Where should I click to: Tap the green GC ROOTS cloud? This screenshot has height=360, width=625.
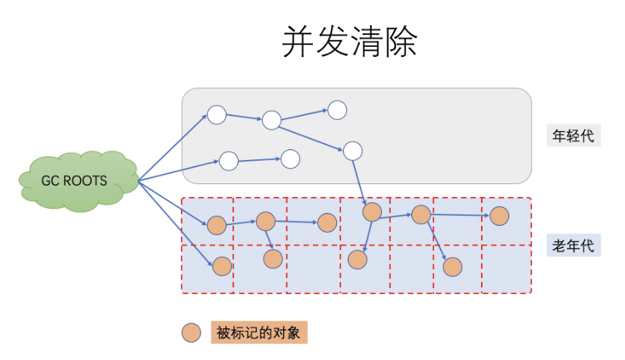tap(74, 180)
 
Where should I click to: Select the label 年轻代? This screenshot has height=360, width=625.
tap(573, 136)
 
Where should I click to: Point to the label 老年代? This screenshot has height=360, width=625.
tap(573, 246)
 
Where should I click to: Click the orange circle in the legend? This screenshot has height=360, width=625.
tap(191, 333)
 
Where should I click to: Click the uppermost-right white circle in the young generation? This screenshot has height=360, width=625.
tap(337, 110)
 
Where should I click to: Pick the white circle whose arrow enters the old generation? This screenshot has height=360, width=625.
tap(352, 151)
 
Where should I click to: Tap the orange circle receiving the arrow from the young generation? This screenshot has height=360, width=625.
tap(371, 212)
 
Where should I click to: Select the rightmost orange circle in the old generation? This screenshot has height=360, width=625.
tap(499, 216)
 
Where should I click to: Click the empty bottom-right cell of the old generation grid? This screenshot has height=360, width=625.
tap(505, 268)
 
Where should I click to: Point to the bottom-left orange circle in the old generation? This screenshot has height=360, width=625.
tap(222, 266)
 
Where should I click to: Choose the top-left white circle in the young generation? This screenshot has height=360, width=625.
tap(217, 114)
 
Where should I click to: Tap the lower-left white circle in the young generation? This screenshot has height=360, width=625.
tap(228, 161)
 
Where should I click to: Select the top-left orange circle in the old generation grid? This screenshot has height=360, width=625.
tap(217, 225)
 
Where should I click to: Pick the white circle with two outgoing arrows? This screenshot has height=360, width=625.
tap(271, 120)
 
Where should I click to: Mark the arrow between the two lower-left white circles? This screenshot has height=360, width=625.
tap(259, 160)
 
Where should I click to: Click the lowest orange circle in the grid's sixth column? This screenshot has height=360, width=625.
tap(452, 266)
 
